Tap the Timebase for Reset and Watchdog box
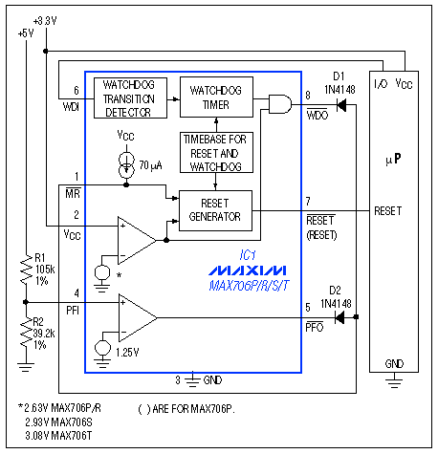point(218,152)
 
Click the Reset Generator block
point(217,209)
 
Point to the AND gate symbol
point(280,105)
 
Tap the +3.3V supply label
point(45,19)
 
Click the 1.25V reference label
point(129,351)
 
